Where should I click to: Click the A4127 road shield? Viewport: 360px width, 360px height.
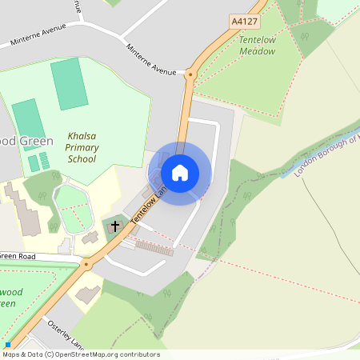[243, 22]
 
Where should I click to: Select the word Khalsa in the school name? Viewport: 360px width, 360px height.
[82, 136]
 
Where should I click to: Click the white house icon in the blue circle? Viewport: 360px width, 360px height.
[180, 173]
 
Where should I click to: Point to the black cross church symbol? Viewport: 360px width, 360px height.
[115, 227]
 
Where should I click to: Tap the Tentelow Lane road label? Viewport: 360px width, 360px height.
[153, 206]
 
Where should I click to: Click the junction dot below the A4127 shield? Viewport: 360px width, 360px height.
[190, 74]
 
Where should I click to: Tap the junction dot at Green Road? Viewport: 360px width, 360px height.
[86, 263]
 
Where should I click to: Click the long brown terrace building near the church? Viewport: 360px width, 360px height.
[154, 249]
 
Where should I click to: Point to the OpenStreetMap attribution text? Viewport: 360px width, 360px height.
[80, 354]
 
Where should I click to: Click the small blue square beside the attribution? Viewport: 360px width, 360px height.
[8, 345]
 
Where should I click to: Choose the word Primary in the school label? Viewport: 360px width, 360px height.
[82, 147]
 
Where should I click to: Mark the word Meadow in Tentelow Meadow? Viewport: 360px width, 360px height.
[257, 51]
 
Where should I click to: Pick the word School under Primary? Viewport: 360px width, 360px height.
[82, 158]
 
